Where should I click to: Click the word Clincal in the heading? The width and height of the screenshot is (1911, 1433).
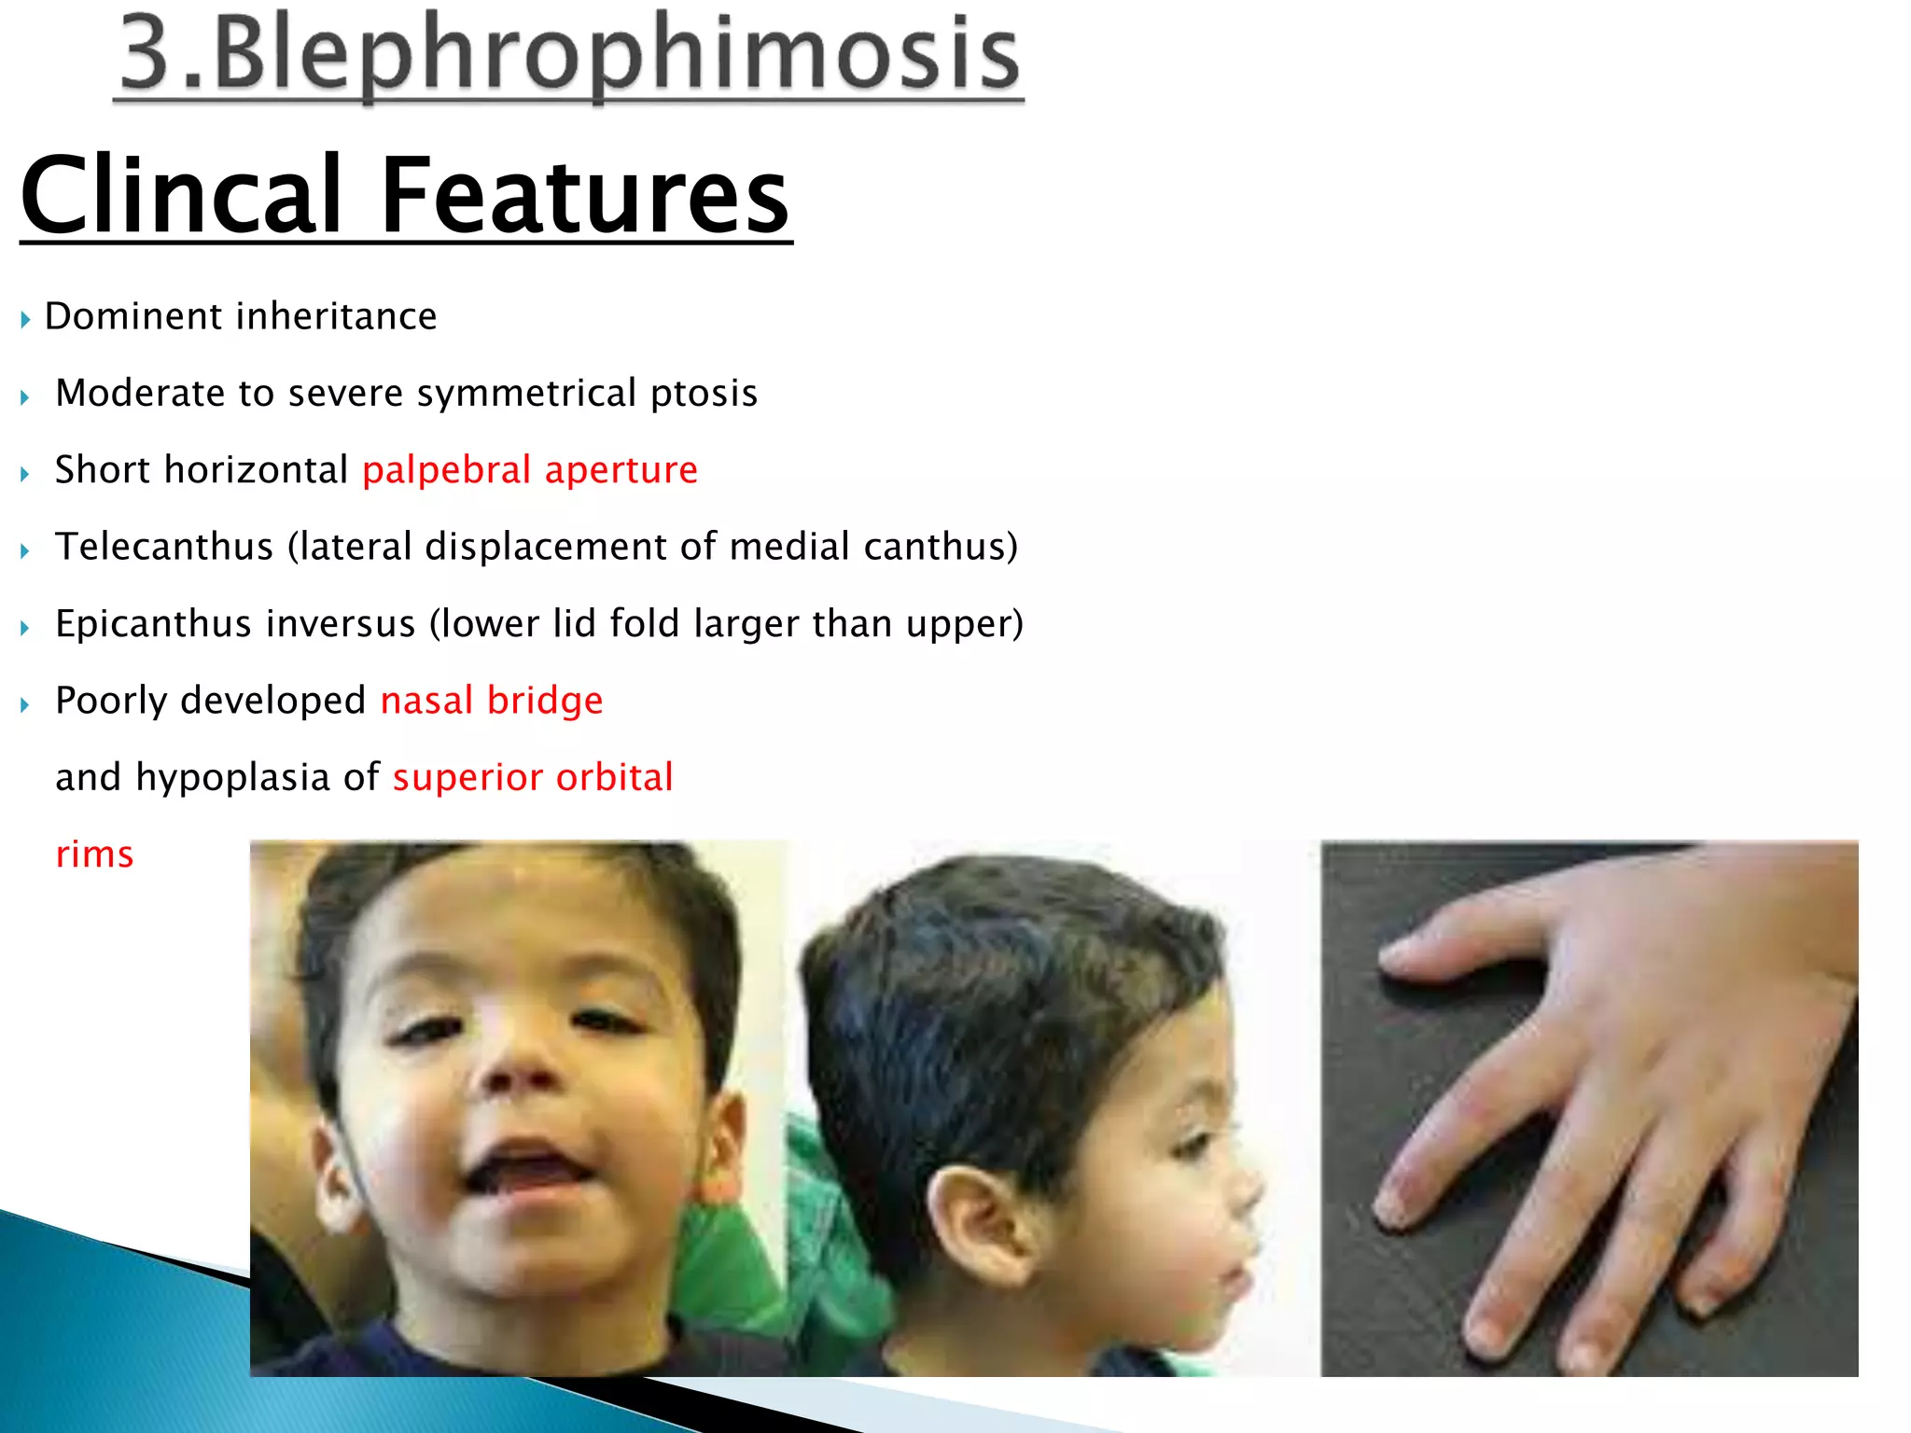click(182, 196)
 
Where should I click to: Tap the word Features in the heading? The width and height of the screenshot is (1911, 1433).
click(585, 196)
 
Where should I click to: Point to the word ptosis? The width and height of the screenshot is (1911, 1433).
click(704, 394)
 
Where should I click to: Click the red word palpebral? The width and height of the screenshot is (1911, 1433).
click(446, 470)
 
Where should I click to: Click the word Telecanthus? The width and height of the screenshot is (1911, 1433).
click(164, 547)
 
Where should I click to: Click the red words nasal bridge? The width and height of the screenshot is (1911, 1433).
click(492, 701)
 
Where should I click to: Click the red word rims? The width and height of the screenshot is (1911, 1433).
click(94, 855)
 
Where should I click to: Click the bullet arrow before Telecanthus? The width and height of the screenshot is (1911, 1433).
click(25, 550)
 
